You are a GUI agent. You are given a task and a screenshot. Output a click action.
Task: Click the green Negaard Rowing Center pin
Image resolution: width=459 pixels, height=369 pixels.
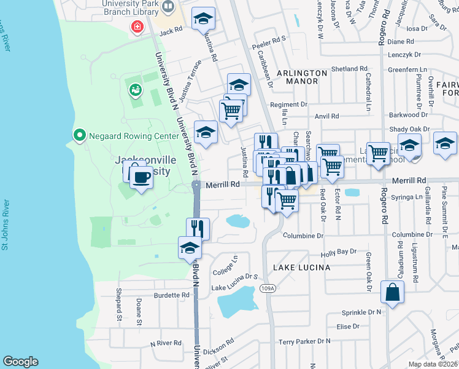79,135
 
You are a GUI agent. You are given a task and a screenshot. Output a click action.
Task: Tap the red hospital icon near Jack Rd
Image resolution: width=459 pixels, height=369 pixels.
137,26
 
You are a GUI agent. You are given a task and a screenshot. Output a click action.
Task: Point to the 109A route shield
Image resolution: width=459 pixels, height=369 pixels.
267,288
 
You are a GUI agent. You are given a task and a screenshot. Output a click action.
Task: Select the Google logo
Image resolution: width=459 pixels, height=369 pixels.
20,362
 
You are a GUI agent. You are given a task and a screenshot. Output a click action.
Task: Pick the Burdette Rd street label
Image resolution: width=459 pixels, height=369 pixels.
171,295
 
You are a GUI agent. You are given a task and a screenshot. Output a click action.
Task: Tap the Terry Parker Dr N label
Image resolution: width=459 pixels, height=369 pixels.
304,341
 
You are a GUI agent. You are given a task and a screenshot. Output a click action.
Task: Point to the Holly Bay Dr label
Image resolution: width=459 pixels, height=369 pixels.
338,252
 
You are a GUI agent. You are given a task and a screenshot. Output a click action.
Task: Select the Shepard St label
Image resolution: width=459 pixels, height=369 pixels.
118,305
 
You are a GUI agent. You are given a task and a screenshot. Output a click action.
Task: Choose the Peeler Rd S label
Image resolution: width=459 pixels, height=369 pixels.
269,39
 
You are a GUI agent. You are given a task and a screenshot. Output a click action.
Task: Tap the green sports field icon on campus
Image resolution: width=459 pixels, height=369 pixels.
134,90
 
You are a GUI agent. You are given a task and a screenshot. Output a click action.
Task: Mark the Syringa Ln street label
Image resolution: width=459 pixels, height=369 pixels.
410,197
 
